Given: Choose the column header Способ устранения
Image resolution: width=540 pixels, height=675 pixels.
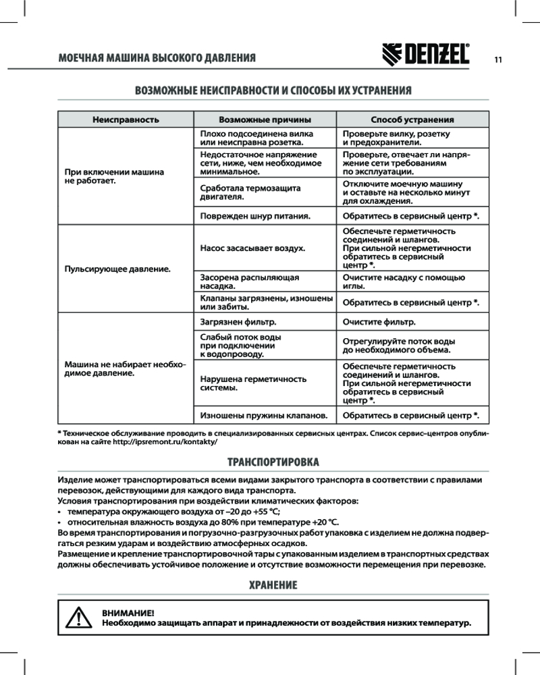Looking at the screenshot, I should pos(412,119).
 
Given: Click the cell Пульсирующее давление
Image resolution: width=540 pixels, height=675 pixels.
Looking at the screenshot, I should pos(116,269).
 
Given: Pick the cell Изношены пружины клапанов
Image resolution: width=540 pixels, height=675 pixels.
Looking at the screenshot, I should pos(264,415).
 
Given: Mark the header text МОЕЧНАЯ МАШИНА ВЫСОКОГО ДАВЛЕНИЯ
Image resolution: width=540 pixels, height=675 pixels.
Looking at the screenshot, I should pos(157,57).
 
